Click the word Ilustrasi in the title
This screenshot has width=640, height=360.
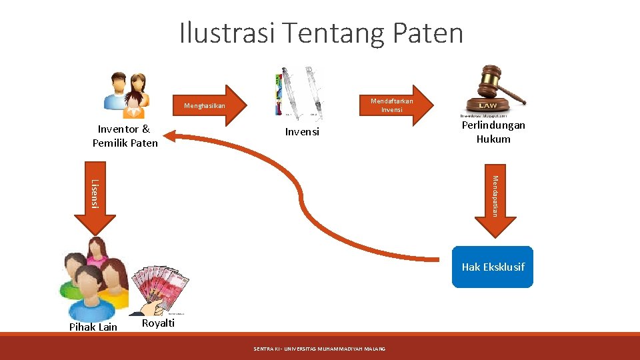point(227,33)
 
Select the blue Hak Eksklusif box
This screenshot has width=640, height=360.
point(493,267)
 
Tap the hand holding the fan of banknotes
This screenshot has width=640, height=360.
point(154,293)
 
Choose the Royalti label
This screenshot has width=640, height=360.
point(159,323)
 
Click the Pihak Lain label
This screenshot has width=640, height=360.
point(93,327)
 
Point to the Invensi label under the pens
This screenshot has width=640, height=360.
point(302,132)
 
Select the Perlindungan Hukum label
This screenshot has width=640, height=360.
point(493,132)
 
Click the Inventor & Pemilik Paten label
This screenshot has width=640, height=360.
point(125,136)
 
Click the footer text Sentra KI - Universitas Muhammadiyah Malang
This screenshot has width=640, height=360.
point(319,349)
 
